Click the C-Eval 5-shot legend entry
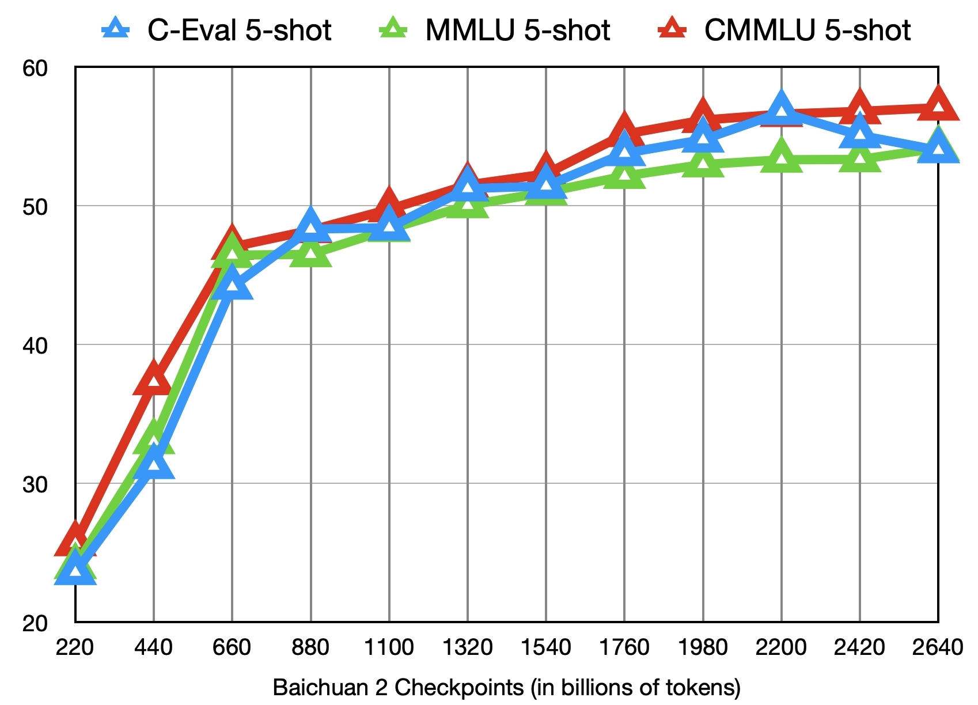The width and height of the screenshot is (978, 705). pos(217,30)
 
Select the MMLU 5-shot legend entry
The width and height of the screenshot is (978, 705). pos(495,30)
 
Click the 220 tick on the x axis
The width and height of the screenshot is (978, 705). pos(75,647)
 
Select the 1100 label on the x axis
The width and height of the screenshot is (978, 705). pos(389,647)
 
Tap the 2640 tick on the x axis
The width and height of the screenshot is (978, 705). pos(938,647)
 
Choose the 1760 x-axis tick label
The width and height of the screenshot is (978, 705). pos(624,647)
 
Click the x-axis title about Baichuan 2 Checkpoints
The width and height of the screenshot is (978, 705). pos(507,688)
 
